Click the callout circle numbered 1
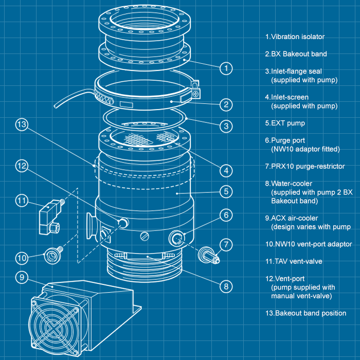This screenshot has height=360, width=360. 226,67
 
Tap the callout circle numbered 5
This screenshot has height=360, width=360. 226,192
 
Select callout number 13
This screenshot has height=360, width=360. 21,124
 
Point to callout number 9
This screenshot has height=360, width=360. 21,277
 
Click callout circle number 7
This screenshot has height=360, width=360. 226,243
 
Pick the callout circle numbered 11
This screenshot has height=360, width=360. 21,201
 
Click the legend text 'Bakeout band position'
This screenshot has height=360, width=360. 309,313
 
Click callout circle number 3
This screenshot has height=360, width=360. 226,125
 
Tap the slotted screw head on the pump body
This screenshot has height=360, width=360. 145,237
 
